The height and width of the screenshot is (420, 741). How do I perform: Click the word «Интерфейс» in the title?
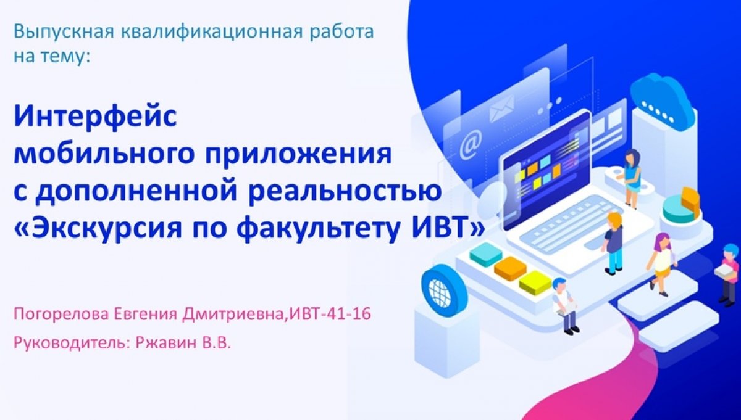pyautogui.click(x=96, y=117)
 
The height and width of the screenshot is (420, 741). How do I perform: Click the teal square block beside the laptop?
pyautogui.click(x=485, y=253)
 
